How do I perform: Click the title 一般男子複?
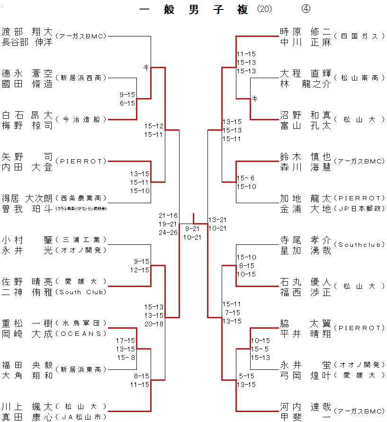(194, 10)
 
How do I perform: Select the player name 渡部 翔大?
(27, 32)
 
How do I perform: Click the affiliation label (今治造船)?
(81, 120)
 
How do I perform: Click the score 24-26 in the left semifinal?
(168, 233)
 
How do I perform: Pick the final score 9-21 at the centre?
(192, 228)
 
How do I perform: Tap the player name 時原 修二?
(305, 32)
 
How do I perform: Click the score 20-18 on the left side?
(154, 324)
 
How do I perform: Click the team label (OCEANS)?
(81, 333)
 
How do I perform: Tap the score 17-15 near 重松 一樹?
(126, 340)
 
